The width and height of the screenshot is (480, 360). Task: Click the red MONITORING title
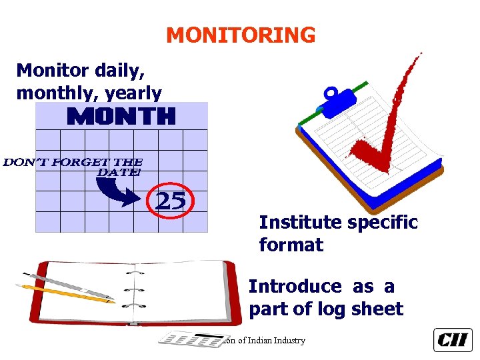pos(241,35)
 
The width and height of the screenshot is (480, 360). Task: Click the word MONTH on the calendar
pos(121,117)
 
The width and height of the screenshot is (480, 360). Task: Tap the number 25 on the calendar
pos(171,200)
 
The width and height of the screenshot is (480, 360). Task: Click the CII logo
pos(453,340)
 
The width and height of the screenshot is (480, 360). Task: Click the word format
pos(291,245)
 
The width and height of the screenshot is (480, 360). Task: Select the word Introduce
pos(295,287)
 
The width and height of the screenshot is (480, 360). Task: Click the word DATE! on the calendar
pos(119,173)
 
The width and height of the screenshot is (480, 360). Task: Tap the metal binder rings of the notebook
pos(136,290)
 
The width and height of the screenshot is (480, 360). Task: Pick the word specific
pos(380,222)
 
